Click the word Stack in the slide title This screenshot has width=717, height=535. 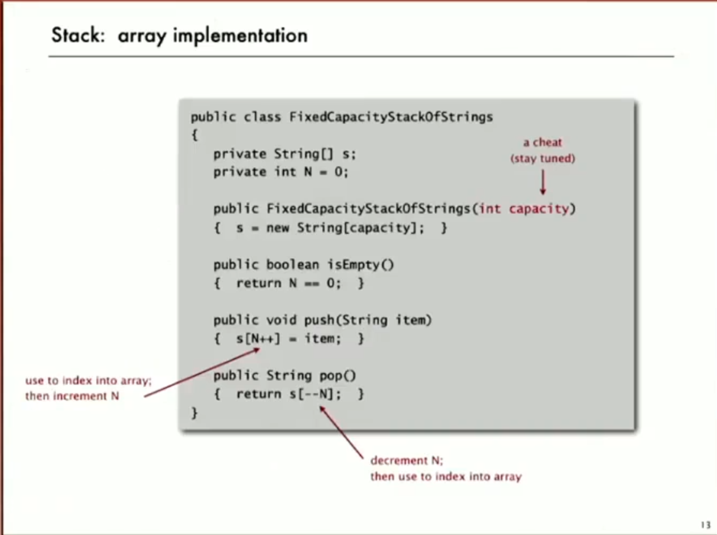coord(78,35)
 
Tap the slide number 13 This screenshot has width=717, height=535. coord(705,525)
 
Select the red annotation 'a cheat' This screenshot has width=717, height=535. coord(542,142)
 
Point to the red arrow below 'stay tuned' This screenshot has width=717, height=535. coord(542,182)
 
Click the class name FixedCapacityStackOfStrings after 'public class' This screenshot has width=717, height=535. coord(391,117)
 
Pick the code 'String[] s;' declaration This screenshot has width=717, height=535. coord(314,154)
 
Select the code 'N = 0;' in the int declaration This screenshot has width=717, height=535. coord(326,172)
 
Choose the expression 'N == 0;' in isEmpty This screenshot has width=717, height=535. coord(314,283)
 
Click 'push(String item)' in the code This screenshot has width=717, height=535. coord(367,320)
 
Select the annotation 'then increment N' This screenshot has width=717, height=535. coord(72,396)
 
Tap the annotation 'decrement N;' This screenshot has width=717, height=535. coord(406,461)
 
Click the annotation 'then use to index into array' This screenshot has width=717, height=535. coord(446,477)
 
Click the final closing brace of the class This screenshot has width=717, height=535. coord(194,412)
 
